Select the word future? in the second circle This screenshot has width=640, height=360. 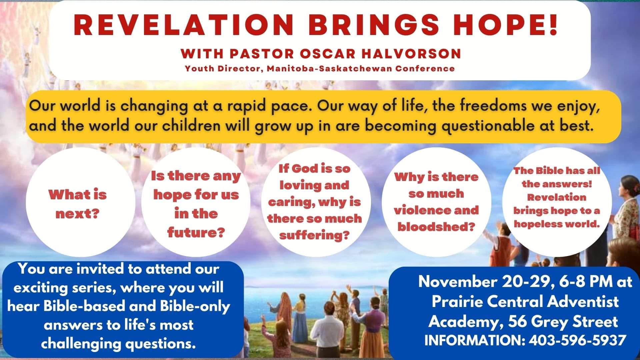pos(195,232)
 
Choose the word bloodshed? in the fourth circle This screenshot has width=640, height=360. pos(436,227)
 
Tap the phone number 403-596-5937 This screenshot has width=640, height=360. pos(577,341)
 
